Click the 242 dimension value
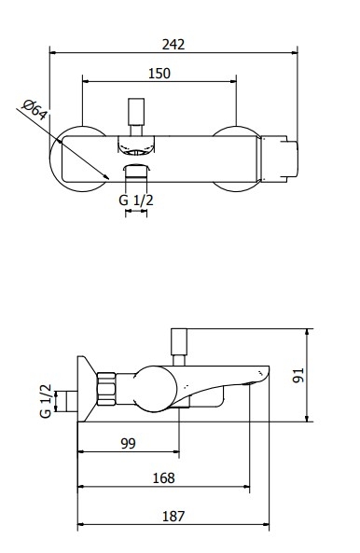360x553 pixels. click(173, 45)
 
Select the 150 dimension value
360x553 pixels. click(159, 74)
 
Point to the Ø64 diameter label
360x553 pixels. click(35, 110)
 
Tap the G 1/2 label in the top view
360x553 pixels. click(136, 200)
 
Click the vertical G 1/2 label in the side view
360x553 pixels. click(46, 401)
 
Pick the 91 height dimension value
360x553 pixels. click(298, 375)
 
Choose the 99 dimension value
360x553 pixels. click(128, 443)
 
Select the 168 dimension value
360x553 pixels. click(163, 478)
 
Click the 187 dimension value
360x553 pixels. click(173, 517)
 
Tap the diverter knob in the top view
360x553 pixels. click(136, 112)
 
